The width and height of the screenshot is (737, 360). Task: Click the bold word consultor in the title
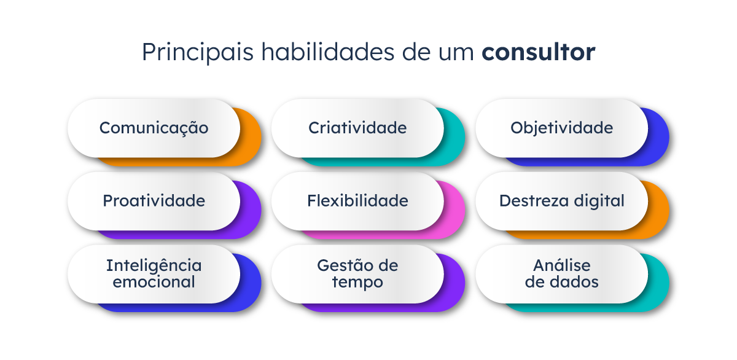pos(538,53)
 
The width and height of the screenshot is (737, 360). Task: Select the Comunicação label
pos(154,128)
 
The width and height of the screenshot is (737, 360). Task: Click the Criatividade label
pos(357,128)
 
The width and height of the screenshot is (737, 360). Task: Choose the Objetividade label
pos(561,128)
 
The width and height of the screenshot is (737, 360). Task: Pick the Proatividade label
pos(154,201)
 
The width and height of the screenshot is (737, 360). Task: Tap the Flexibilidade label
pos(357,201)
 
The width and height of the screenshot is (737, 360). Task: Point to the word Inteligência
pos(154,266)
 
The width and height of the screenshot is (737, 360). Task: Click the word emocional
pos(154,282)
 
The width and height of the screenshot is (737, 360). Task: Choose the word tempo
pos(357,282)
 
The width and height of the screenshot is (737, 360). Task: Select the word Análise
pos(561,266)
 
